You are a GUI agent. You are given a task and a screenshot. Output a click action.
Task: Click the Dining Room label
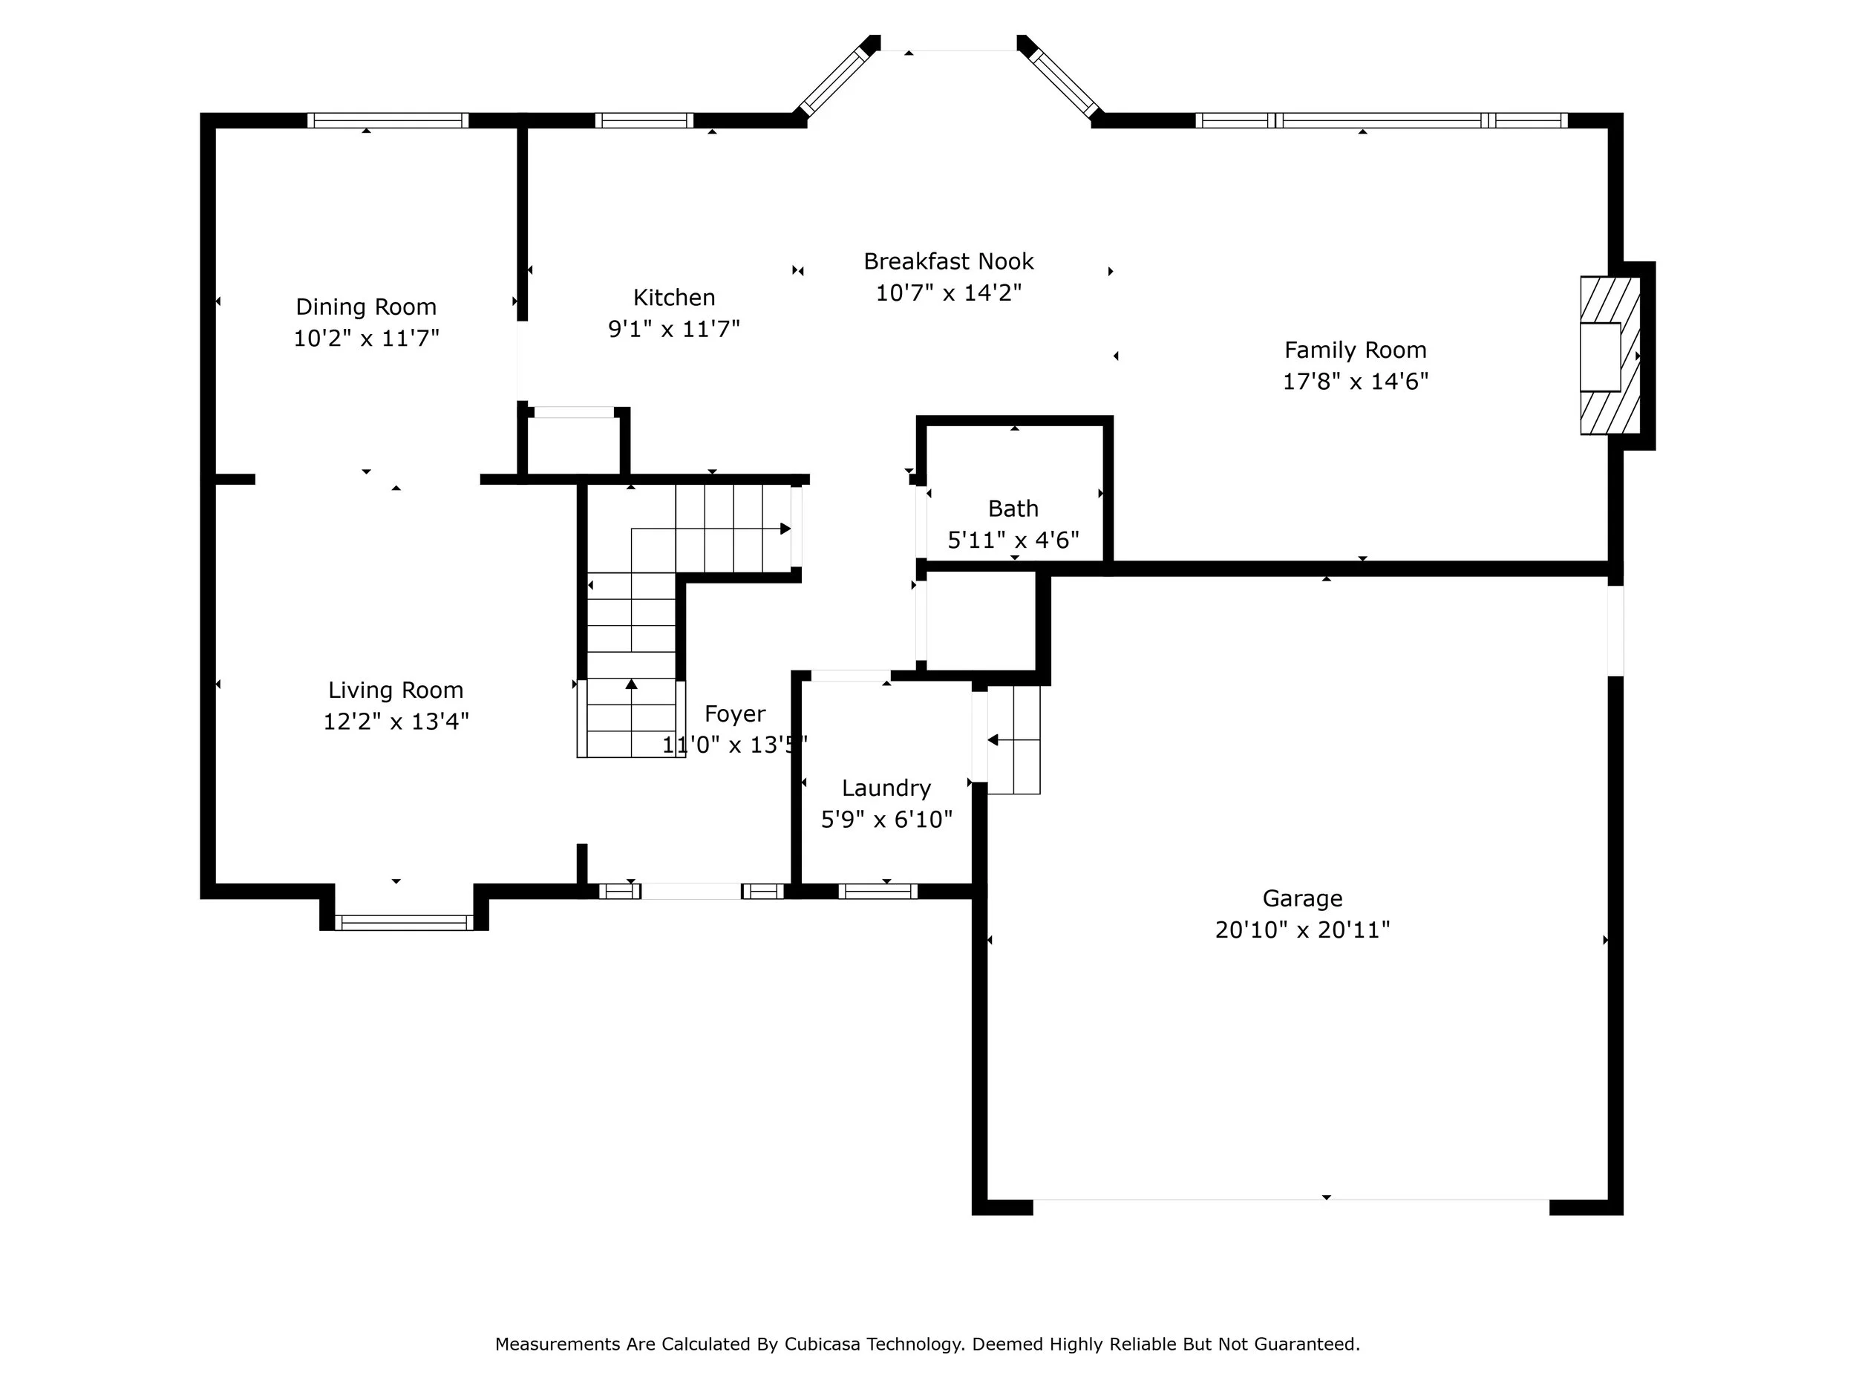(366, 307)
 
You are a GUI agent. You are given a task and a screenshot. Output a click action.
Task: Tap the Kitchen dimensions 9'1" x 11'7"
(674, 329)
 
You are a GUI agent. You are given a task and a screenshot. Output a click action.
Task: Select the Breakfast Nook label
(948, 262)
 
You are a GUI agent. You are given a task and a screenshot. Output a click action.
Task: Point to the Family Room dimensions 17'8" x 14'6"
(1355, 382)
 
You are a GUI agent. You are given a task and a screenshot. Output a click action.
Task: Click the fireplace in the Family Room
(1610, 356)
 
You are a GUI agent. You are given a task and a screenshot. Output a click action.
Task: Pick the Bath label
(1013, 509)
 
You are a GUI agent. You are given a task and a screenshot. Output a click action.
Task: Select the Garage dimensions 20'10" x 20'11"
(1302, 930)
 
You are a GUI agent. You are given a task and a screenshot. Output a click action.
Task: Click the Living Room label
(395, 690)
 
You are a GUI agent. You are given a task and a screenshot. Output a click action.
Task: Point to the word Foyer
(735, 714)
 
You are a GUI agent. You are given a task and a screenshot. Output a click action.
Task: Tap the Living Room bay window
(404, 923)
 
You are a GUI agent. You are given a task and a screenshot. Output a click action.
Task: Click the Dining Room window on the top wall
(388, 120)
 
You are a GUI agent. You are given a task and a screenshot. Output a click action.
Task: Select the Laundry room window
(878, 891)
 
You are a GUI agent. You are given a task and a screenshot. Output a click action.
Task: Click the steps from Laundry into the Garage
(1013, 740)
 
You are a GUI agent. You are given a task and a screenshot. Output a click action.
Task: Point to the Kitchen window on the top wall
(644, 120)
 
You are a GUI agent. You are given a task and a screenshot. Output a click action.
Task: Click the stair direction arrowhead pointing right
(786, 529)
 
